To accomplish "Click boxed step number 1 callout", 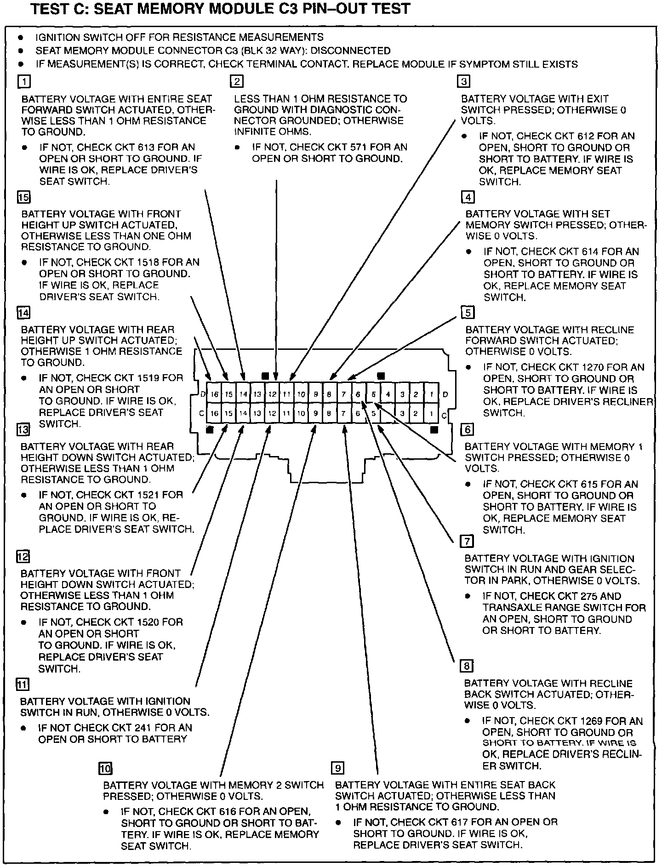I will pyautogui.click(x=23, y=82).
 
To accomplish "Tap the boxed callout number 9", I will pyautogui.click(x=337, y=768).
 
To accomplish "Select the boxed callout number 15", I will pyautogui.click(x=23, y=197).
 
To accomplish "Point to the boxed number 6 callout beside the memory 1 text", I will pyautogui.click(x=467, y=429).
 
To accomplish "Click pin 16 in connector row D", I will pyautogui.click(x=214, y=394).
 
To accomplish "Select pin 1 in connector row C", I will pyautogui.click(x=431, y=413).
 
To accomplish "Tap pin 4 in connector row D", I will pyautogui.click(x=388, y=394).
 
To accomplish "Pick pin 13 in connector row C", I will pyautogui.click(x=257, y=413).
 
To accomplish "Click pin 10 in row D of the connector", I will pyautogui.click(x=301, y=394).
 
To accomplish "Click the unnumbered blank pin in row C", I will pyautogui.click(x=388, y=413).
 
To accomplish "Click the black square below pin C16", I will pyautogui.click(x=210, y=430).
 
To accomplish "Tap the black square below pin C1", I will pyautogui.click(x=434, y=430).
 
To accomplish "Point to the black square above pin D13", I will pyautogui.click(x=265, y=376).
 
